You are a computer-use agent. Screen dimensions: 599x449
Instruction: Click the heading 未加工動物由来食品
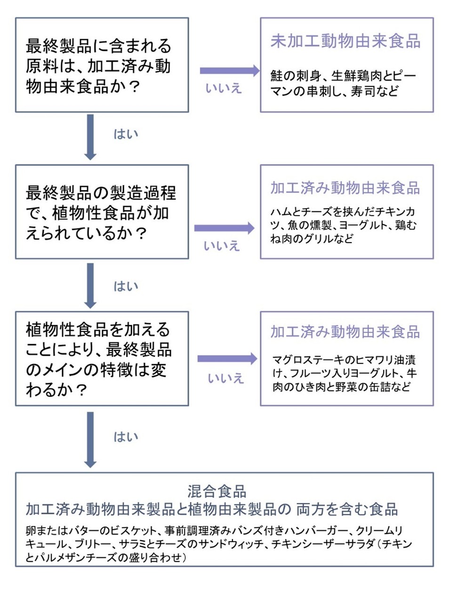[345, 41]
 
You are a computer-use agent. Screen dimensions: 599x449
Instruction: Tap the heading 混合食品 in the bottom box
[217, 491]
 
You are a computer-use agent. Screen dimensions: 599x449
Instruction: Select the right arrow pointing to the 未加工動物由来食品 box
[229, 71]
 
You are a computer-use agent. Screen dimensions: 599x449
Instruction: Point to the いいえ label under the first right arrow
[224, 88]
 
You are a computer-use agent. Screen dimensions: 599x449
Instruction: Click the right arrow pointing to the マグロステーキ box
[227, 359]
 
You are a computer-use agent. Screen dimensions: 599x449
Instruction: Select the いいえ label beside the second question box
[222, 246]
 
